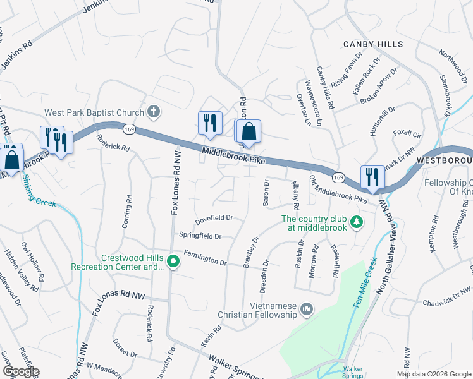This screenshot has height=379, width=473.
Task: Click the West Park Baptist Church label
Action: click(x=92, y=113)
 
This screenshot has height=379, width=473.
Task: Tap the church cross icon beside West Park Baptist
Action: click(x=152, y=112)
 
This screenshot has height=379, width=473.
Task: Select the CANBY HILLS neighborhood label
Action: click(x=373, y=44)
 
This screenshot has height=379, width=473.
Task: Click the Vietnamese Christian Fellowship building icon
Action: click(x=307, y=310)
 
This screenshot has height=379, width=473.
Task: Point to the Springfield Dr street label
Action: click(x=200, y=236)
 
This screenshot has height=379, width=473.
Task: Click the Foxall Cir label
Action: click(x=407, y=135)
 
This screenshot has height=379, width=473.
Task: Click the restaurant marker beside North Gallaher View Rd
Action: click(x=372, y=177)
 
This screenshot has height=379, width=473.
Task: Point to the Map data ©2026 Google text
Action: click(x=434, y=374)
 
